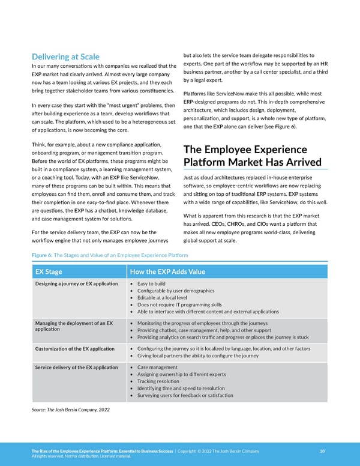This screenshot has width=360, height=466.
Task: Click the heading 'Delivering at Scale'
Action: pos(65,56)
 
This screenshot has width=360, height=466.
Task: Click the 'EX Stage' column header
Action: pos(49,271)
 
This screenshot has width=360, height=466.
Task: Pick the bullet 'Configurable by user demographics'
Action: pos(176,291)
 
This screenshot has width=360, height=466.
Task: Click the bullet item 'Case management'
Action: pos(157,367)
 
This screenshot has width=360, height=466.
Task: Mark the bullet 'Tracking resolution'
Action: pos(158,381)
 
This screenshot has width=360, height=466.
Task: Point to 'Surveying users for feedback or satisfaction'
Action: pos(185,395)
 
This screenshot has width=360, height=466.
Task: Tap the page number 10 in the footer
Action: pos(322,451)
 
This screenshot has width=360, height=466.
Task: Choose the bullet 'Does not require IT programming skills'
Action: pos(179,304)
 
